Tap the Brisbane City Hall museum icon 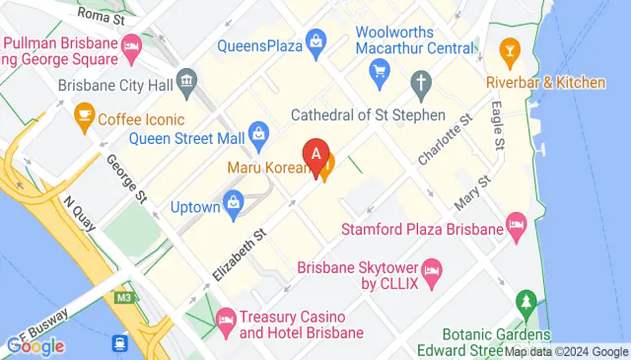[x=184, y=80]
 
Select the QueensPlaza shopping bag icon [x=315, y=40]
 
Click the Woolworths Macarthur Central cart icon [x=379, y=71]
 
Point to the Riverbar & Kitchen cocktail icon [x=510, y=49]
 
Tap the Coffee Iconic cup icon [x=84, y=117]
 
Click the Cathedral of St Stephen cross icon [x=421, y=82]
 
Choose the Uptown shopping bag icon [x=235, y=204]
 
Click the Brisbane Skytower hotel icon [x=431, y=269]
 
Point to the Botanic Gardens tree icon [x=527, y=300]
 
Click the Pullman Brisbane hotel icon [x=130, y=45]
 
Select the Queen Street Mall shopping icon [x=258, y=131]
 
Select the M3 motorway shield [x=122, y=297]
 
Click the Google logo [x=35, y=346]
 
